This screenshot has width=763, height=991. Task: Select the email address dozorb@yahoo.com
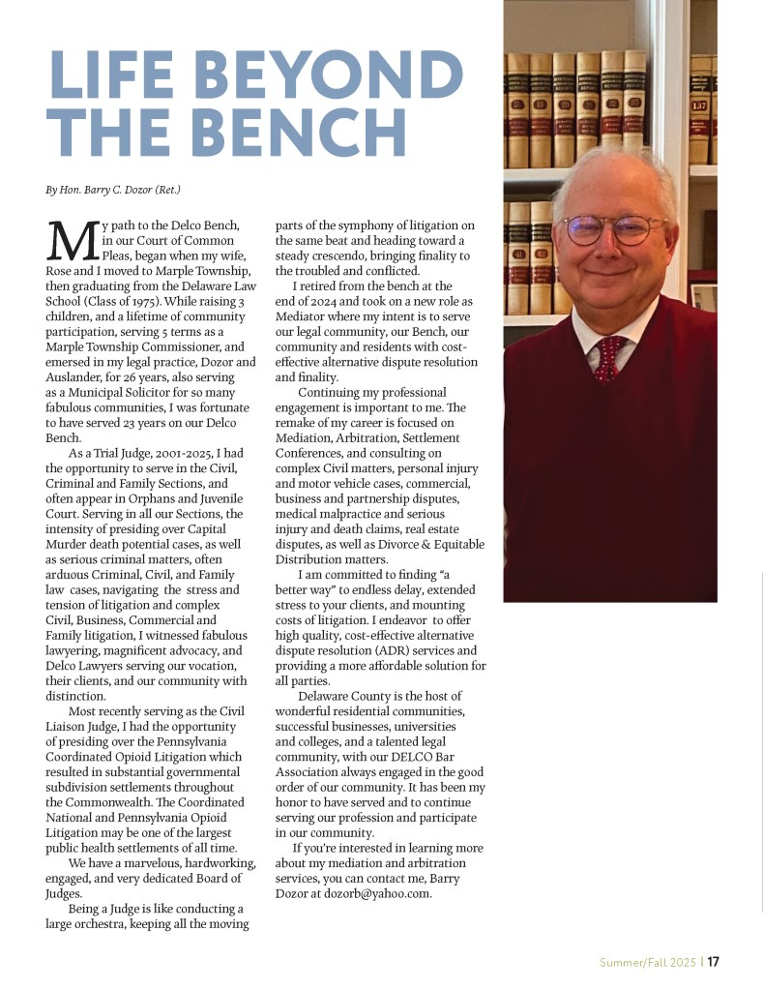point(378,893)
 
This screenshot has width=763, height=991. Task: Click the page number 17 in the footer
point(713,962)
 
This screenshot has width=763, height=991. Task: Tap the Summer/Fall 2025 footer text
point(646,962)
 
